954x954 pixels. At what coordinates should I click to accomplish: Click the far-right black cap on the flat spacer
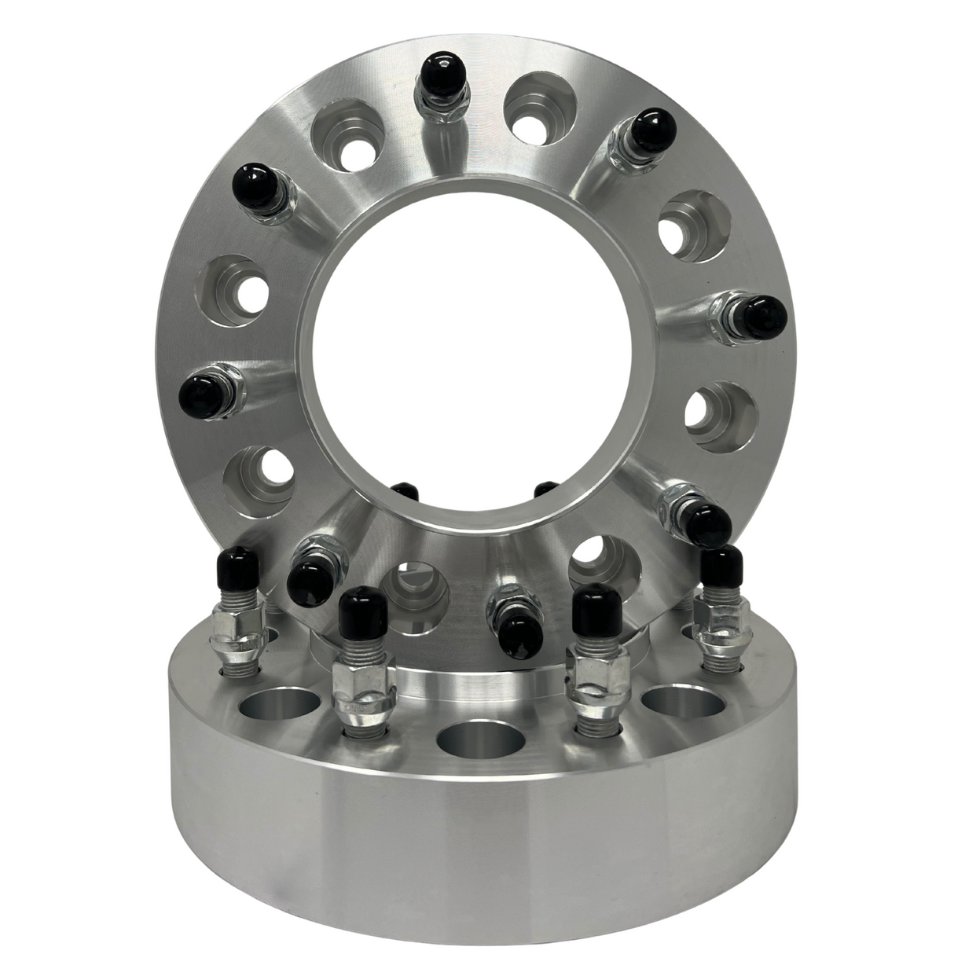(721, 567)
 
